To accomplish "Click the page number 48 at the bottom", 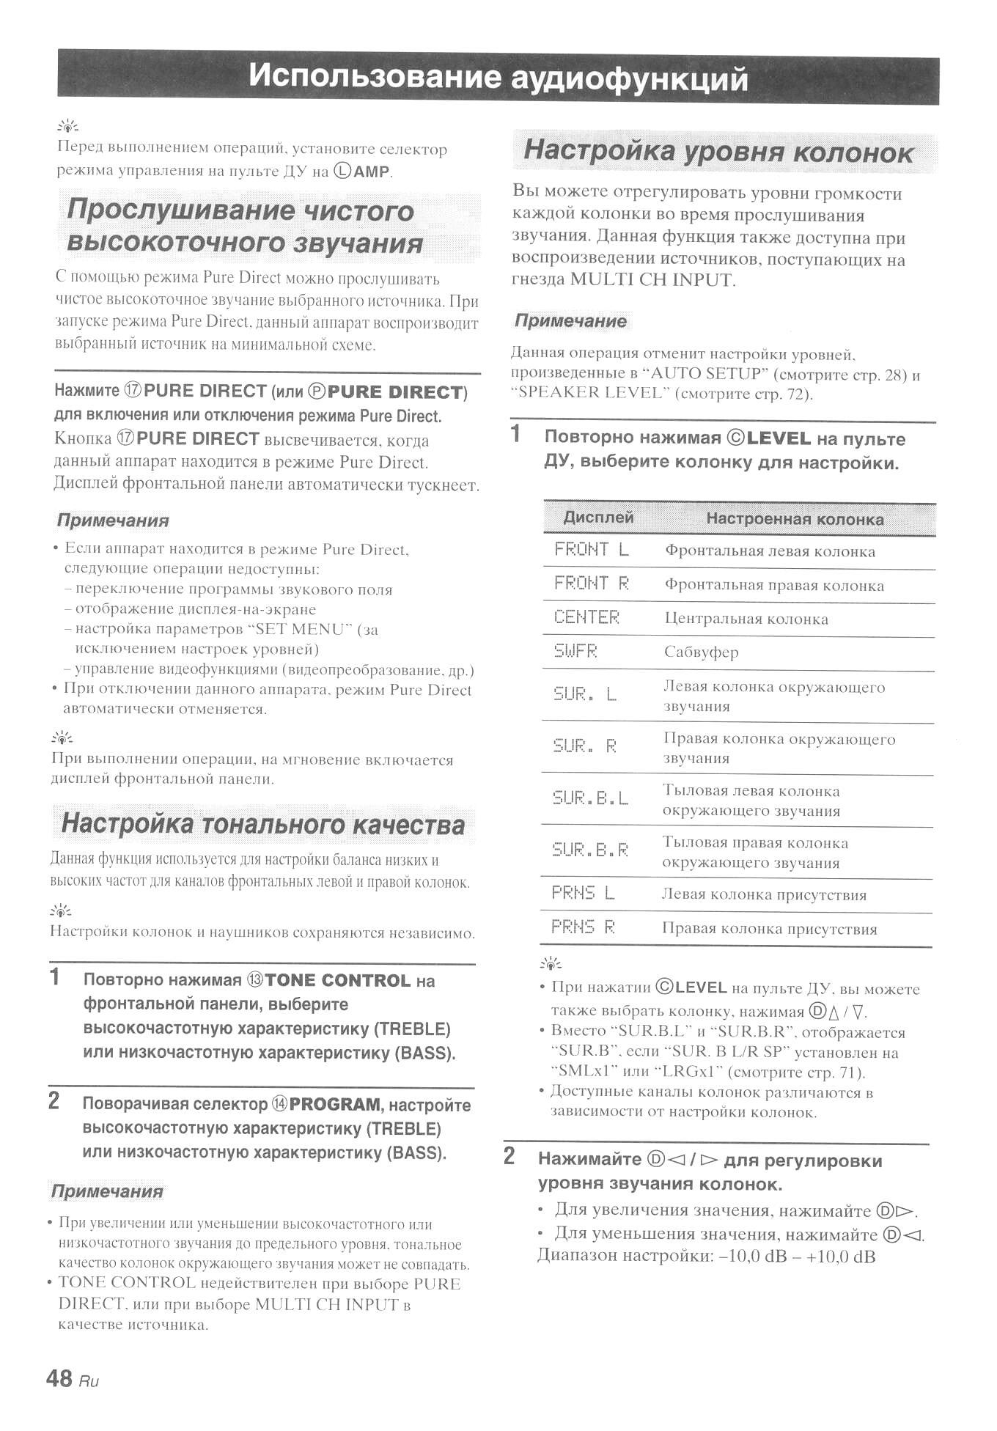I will pyautogui.click(x=59, y=1378).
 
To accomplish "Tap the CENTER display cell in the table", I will pyautogui.click(x=586, y=617).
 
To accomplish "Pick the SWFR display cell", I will pyautogui.click(x=575, y=651).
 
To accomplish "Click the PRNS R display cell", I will pyautogui.click(x=583, y=927).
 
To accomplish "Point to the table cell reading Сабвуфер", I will pyautogui.click(x=701, y=652).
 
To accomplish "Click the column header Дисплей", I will pyautogui.click(x=598, y=518).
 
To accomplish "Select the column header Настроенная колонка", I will pyautogui.click(x=795, y=519).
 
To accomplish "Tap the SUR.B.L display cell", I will pyautogui.click(x=590, y=798).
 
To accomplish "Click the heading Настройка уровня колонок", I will pyautogui.click(x=718, y=152).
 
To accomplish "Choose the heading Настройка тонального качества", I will pyautogui.click(x=263, y=823).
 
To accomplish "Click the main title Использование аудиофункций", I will pyautogui.click(x=498, y=77).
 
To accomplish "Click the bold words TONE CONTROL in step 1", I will pyautogui.click(x=338, y=980).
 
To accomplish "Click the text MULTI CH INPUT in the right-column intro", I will pyautogui.click(x=651, y=280).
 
